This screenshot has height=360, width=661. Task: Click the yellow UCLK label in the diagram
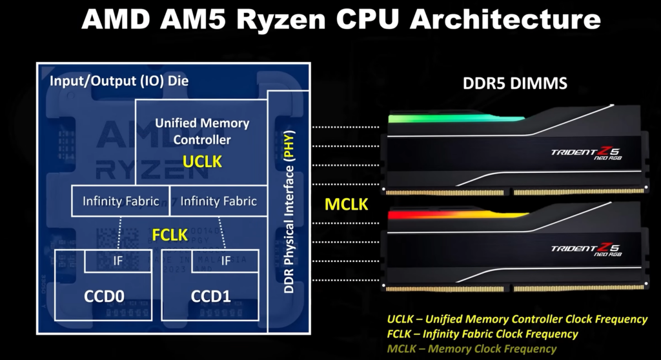pyautogui.click(x=202, y=161)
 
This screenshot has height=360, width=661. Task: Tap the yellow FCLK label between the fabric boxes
pyautogui.click(x=170, y=235)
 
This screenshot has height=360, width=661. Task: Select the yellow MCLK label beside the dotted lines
pyautogui.click(x=346, y=205)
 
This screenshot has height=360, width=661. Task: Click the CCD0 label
pyautogui.click(x=104, y=296)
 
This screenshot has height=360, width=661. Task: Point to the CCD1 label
pyautogui.click(x=211, y=296)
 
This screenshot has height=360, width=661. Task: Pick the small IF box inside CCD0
pyautogui.click(x=118, y=261)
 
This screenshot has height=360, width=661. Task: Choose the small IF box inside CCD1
pyautogui.click(x=225, y=261)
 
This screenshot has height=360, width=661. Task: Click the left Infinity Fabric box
pyautogui.click(x=121, y=201)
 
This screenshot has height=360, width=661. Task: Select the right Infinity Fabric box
pyautogui.click(x=218, y=201)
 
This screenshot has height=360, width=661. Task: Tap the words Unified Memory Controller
pyautogui.click(x=202, y=131)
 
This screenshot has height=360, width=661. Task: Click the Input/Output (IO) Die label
pyautogui.click(x=119, y=81)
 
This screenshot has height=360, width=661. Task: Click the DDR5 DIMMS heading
pyautogui.click(x=514, y=83)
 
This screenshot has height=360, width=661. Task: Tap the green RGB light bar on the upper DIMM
pyautogui.click(x=455, y=118)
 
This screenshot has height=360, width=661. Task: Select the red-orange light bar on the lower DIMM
pyautogui.click(x=458, y=215)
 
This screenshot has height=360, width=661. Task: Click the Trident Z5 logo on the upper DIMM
pyautogui.click(x=586, y=154)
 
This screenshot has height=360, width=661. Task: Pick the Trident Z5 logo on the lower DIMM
pyautogui.click(x=586, y=249)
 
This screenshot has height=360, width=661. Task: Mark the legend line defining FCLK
pyautogui.click(x=483, y=334)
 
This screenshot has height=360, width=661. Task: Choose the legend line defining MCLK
pyautogui.click(x=472, y=348)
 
